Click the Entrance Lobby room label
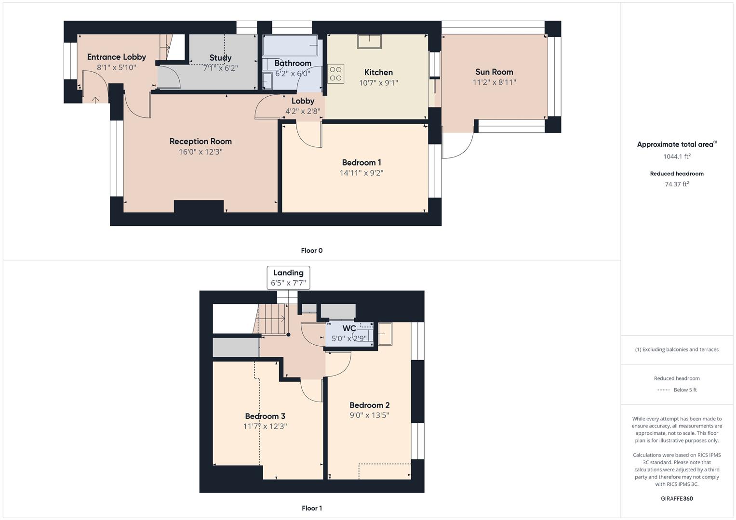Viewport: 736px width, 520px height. pyautogui.click(x=116, y=57)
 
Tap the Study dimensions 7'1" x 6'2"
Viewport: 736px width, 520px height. pyautogui.click(x=220, y=68)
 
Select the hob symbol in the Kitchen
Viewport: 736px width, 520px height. pyautogui.click(x=336, y=74)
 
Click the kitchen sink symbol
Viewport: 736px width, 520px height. pyautogui.click(x=369, y=41)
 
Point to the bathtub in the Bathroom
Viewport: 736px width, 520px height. pyautogui.click(x=290, y=45)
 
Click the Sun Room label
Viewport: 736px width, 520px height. pyautogui.click(x=494, y=72)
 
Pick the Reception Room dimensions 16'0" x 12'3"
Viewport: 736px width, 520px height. pyautogui.click(x=201, y=152)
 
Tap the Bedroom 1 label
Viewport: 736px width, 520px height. pyautogui.click(x=361, y=162)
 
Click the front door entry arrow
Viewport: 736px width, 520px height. pyautogui.click(x=95, y=100)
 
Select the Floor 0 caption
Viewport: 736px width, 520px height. pyautogui.click(x=312, y=250)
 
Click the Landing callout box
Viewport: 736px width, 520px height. pyautogui.click(x=288, y=278)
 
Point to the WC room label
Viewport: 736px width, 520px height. pyautogui.click(x=349, y=328)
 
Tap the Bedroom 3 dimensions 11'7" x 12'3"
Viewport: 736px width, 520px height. pyautogui.click(x=265, y=426)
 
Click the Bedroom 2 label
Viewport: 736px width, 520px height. pyautogui.click(x=369, y=405)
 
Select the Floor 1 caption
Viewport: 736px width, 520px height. pyautogui.click(x=312, y=508)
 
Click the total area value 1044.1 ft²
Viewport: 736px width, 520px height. pyautogui.click(x=677, y=156)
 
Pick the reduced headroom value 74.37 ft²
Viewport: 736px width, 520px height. pyautogui.click(x=677, y=184)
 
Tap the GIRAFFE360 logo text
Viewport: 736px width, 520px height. pyautogui.click(x=677, y=498)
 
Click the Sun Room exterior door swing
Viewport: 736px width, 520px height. pyautogui.click(x=458, y=147)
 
